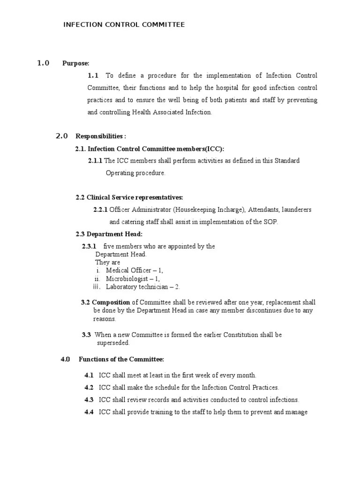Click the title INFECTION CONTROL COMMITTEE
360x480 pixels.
tap(124, 25)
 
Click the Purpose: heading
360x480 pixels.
tap(76, 64)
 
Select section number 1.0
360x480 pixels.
tap(43, 63)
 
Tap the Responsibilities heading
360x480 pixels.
tap(101, 136)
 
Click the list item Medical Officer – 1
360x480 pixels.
tap(135, 270)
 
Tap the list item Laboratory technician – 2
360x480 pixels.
tap(142, 287)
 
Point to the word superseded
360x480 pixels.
tap(113, 343)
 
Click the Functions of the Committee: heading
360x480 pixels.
tap(121, 360)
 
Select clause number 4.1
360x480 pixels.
tap(89, 375)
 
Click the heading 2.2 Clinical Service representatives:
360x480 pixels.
tap(129, 197)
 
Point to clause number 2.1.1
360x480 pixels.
tap(95, 161)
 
